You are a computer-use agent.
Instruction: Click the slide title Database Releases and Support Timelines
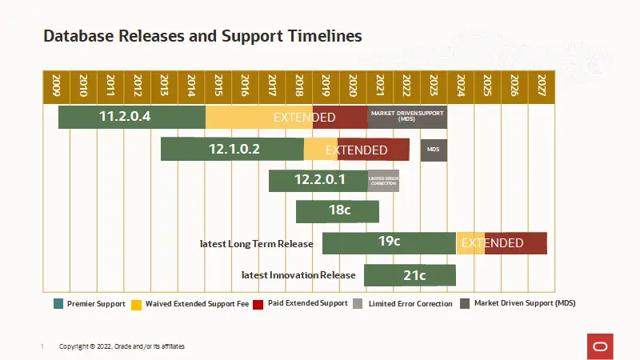(202, 36)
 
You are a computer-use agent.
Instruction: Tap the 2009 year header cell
(56, 86)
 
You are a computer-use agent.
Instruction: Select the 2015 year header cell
(218, 86)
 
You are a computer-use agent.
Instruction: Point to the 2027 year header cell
(542, 86)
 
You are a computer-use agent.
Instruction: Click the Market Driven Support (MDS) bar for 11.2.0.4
(407, 117)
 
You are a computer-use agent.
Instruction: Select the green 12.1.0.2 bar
(232, 149)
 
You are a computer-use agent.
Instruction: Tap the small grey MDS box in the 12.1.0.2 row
(434, 150)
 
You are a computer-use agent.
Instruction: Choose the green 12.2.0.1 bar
(318, 180)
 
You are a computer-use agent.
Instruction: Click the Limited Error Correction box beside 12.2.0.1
(383, 181)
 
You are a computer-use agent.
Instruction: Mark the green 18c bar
(338, 211)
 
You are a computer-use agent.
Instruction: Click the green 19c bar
(389, 242)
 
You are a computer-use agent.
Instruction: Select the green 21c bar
(410, 275)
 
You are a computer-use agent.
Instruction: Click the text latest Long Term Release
(257, 243)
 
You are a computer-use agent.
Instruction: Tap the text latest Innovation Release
(298, 275)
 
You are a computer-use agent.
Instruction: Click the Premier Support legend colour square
(58, 304)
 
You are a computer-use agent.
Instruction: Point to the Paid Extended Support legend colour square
(258, 304)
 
